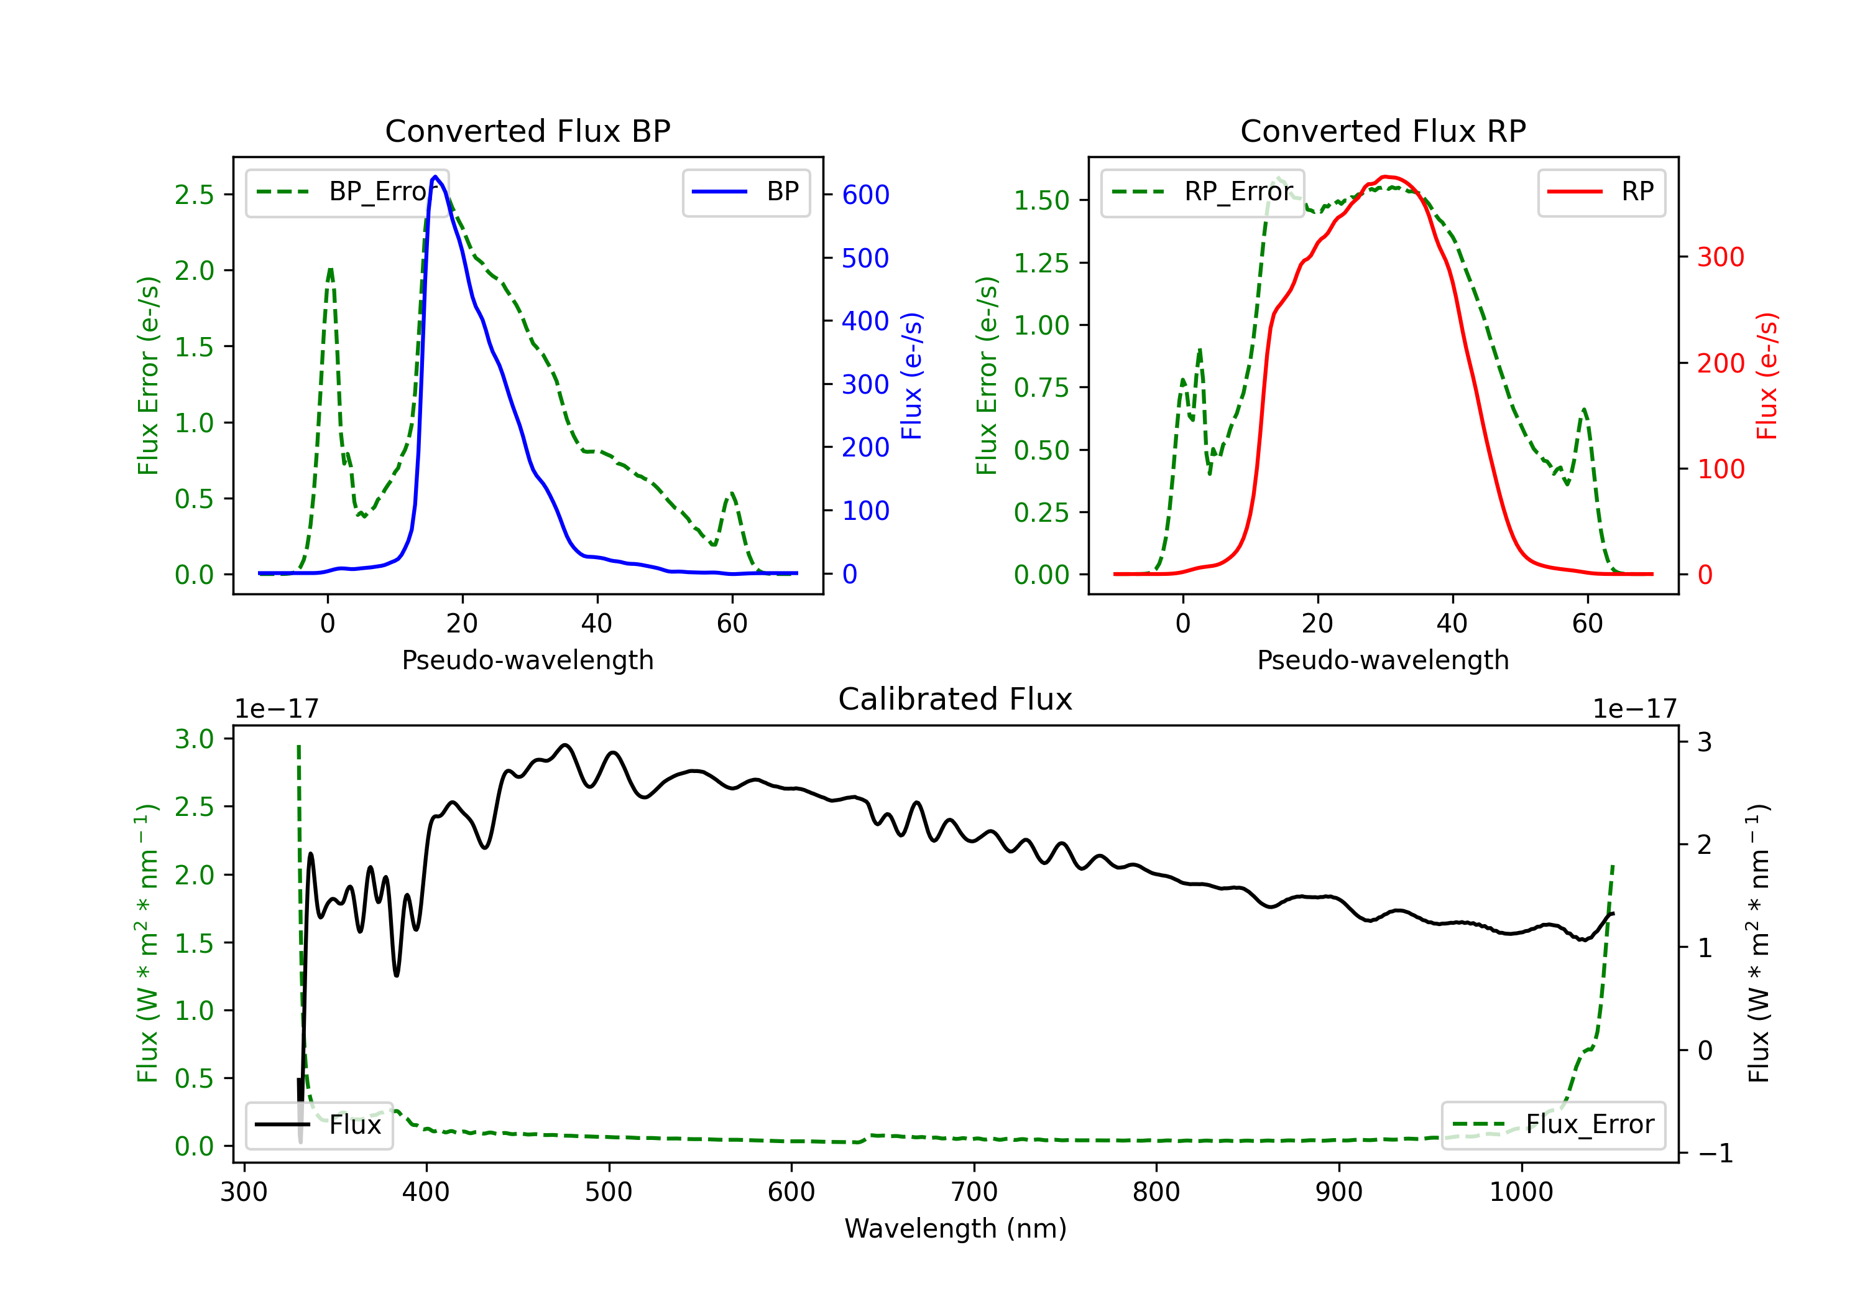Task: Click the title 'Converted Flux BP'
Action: pyautogui.click(x=527, y=131)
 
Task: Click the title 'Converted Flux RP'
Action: pyautogui.click(x=1383, y=131)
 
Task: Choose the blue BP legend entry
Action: pyautogui.click(x=745, y=192)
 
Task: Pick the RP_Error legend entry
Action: pyautogui.click(x=1202, y=192)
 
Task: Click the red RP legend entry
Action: pyautogui.click(x=1601, y=192)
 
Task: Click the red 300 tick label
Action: pyautogui.click(x=1720, y=257)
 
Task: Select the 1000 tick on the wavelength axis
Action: pyautogui.click(x=1521, y=1192)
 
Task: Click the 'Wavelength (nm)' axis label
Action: pyautogui.click(x=956, y=1228)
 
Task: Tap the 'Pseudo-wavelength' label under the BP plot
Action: pyautogui.click(x=527, y=660)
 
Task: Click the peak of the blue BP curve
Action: pyautogui.click(x=435, y=177)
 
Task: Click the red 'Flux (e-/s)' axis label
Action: pyautogui.click(x=1767, y=376)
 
